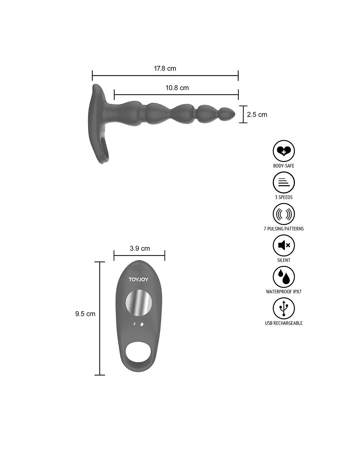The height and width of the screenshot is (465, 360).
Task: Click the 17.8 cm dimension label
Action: [165, 68]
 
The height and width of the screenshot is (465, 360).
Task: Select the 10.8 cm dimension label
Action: [177, 88]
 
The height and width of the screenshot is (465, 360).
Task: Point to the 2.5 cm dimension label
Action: [257, 114]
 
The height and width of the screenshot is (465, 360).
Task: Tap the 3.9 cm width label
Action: [140, 249]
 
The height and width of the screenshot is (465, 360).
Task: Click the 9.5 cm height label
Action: [85, 314]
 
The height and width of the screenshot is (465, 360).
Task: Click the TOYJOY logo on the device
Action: [138, 280]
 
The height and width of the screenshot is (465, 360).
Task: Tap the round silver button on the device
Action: [139, 303]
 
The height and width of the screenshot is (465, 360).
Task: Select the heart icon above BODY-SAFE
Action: [283, 151]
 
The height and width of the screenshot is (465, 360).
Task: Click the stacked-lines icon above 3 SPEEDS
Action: [283, 182]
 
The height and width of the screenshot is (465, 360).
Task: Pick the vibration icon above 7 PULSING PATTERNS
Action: [283, 214]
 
